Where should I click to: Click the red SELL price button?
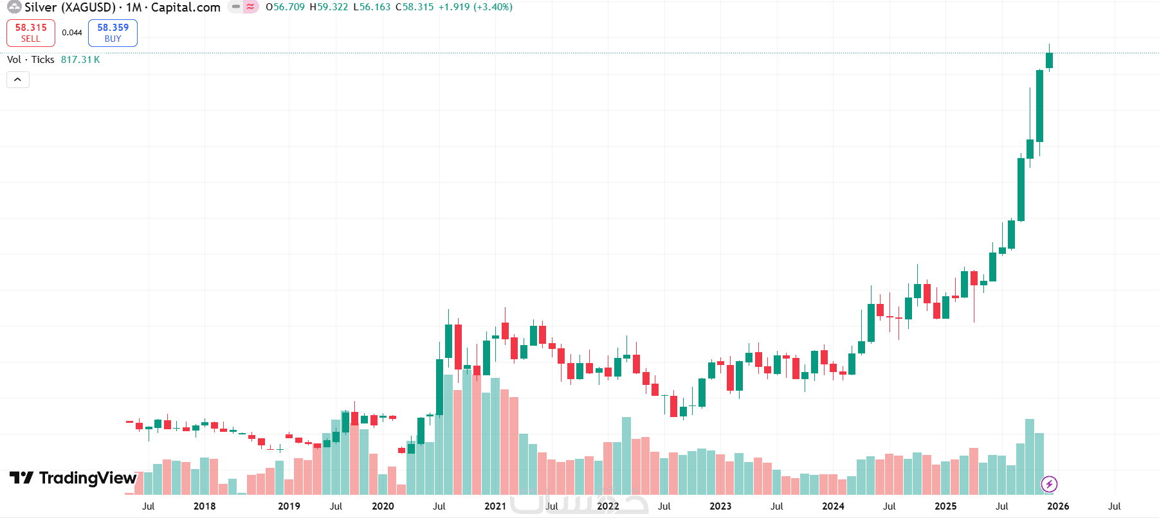(x=31, y=33)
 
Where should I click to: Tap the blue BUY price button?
(x=113, y=33)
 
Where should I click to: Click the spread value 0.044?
(x=72, y=33)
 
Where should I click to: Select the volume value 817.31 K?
(x=80, y=60)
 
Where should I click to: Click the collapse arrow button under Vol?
(x=18, y=80)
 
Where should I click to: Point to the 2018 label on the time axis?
(x=205, y=506)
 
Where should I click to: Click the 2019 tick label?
(x=289, y=506)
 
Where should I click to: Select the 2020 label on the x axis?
(x=383, y=506)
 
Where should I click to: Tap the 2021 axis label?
(x=495, y=506)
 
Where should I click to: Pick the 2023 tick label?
(x=720, y=506)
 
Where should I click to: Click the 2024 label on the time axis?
(x=833, y=506)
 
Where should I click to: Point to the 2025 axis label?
(x=945, y=506)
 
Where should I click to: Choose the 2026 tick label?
(x=1058, y=506)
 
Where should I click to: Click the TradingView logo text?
(x=87, y=478)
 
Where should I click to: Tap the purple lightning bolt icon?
(x=1049, y=484)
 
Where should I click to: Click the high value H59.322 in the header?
(x=329, y=7)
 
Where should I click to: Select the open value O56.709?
(x=285, y=7)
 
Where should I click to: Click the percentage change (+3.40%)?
(x=493, y=7)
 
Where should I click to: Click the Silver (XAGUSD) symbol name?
(x=70, y=7)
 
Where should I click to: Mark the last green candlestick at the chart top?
(x=1049, y=60)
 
